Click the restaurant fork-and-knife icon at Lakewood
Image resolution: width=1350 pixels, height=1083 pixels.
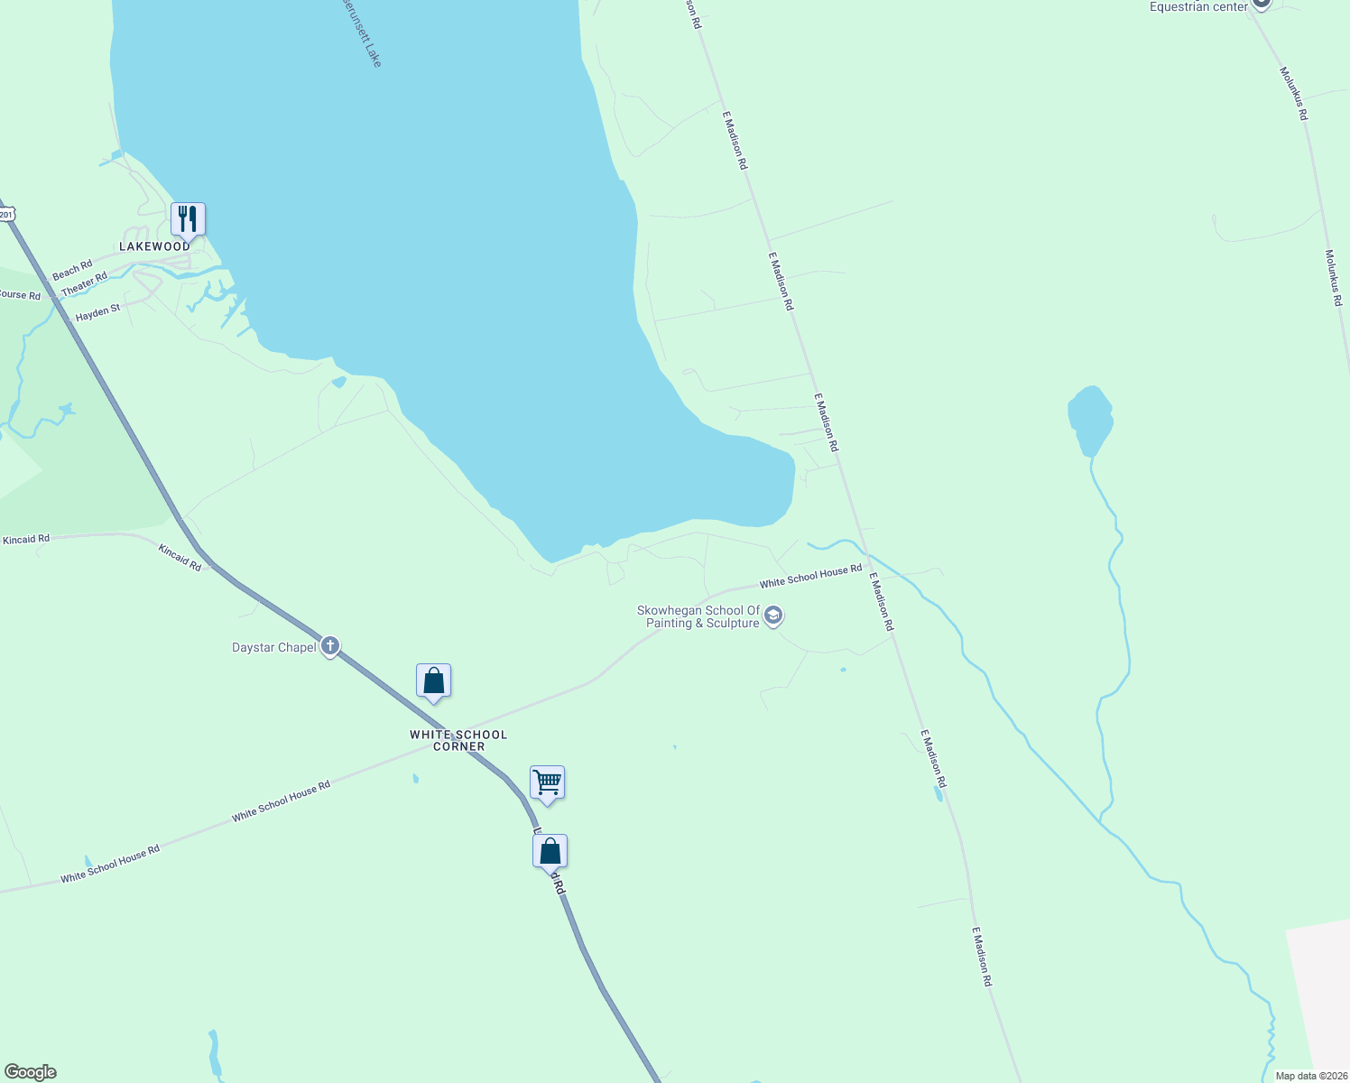click(x=188, y=219)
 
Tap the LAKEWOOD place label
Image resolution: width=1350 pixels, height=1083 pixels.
click(x=155, y=246)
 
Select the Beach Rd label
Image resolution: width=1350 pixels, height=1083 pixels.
click(x=72, y=270)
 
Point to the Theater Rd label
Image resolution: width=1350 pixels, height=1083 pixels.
click(x=85, y=283)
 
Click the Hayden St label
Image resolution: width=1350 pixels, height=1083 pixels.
click(x=97, y=313)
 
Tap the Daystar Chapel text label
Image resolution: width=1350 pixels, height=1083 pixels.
click(x=274, y=647)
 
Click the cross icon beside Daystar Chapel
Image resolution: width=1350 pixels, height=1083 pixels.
click(x=330, y=646)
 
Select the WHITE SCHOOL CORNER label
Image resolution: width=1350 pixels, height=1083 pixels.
click(x=458, y=740)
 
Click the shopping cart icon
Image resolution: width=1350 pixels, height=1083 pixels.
click(x=547, y=782)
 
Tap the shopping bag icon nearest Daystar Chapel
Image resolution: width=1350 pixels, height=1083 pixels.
click(x=433, y=681)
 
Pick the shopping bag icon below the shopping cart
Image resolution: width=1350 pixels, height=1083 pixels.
click(x=550, y=851)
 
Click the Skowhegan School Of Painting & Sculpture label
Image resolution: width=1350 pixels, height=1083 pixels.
click(x=698, y=617)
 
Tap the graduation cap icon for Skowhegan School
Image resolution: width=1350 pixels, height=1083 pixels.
click(x=773, y=616)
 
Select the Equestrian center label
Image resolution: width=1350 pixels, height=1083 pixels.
click(x=1198, y=7)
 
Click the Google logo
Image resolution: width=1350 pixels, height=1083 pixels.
click(x=30, y=1072)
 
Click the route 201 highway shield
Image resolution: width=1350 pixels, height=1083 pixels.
click(x=7, y=214)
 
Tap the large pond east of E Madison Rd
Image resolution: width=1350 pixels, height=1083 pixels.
click(x=1089, y=418)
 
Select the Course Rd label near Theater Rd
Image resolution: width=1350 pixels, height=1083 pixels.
click(x=20, y=295)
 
